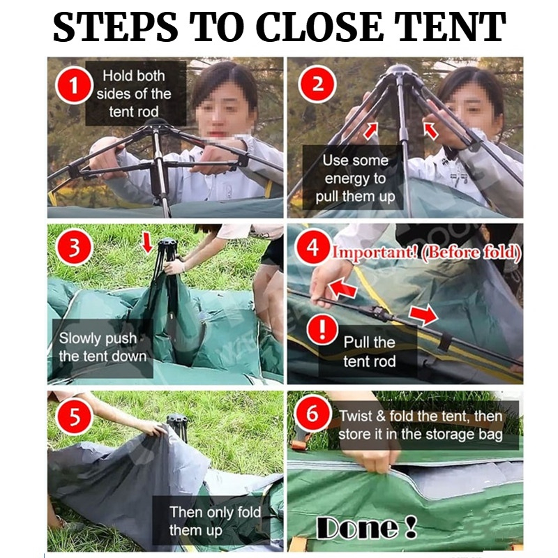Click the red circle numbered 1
pyautogui.click(x=74, y=86)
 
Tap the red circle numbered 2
pyautogui.click(x=317, y=84)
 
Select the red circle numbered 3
pyautogui.click(x=74, y=247)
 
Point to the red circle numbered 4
pyautogui.click(x=312, y=247)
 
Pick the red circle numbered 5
pyautogui.click(x=75, y=415)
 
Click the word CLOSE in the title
pyautogui.click(x=319, y=27)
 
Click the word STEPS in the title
pyautogui.click(x=115, y=27)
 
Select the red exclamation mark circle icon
pyautogui.click(x=322, y=329)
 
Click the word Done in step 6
pyautogui.click(x=358, y=527)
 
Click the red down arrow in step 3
pyautogui.click(x=146, y=242)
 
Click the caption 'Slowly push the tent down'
pyautogui.click(x=103, y=347)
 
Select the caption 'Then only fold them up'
pyautogui.click(x=216, y=521)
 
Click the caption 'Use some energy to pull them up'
pyautogui.click(x=355, y=179)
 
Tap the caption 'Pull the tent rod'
pyautogui.click(x=370, y=352)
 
